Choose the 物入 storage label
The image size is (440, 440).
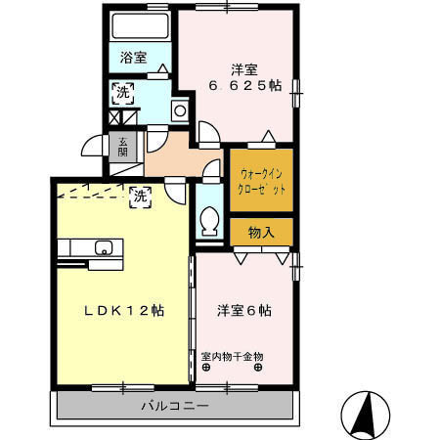pos(261,233)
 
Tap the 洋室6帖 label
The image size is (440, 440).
pos(243,311)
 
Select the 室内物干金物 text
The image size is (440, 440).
pos(233,356)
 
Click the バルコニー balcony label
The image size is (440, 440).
pos(174,405)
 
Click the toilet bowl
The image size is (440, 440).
pos(207,222)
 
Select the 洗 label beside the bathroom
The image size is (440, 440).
pos(122,94)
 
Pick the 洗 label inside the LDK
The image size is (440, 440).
pos(140,196)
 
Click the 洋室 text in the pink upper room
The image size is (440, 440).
pos(244,68)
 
